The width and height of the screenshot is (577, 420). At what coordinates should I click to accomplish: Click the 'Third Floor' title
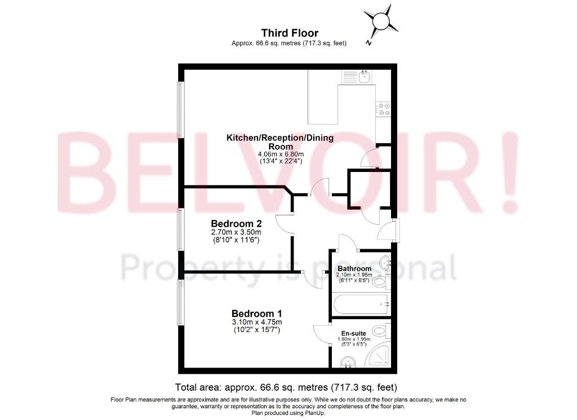290,33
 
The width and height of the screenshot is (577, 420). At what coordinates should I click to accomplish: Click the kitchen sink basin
365,76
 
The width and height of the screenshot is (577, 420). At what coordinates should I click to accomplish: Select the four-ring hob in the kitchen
383,109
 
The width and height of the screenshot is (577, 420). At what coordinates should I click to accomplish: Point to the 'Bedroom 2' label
236,223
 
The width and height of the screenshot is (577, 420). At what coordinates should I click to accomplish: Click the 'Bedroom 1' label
256,313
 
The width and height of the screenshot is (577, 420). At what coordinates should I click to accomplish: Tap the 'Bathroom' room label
354,268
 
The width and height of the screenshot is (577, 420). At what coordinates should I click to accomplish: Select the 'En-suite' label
354,334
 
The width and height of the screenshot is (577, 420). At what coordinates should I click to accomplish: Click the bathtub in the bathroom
361,304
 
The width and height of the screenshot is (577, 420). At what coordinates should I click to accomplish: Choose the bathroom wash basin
385,262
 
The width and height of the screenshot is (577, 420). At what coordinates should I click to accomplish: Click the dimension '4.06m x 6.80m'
281,154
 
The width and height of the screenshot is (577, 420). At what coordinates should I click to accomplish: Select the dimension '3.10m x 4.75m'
256,322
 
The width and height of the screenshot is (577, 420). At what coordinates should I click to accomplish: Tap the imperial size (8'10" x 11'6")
236,240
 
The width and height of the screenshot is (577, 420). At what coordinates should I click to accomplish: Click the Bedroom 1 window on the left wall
180,302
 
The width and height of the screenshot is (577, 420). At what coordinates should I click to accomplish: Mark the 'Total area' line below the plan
286,387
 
